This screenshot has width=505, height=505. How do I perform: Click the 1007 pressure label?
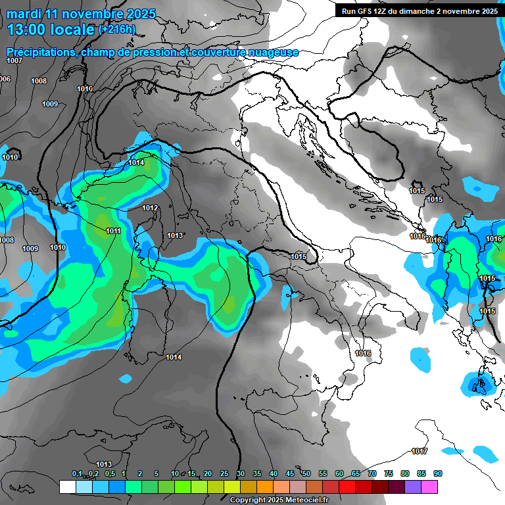click(14, 60)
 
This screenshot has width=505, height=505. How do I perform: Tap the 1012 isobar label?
click(150, 208)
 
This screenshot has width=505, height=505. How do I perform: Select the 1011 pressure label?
click(113, 231)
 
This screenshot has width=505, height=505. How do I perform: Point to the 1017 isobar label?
click(420, 451)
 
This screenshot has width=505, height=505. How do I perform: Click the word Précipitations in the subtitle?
click(41, 52)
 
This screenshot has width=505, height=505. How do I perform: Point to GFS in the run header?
click(366, 11)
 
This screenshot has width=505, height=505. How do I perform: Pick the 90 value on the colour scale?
click(438, 473)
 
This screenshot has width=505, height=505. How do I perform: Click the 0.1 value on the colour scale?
click(76, 473)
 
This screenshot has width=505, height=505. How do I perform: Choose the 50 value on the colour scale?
click(306, 473)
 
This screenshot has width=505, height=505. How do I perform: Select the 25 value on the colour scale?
click(224, 473)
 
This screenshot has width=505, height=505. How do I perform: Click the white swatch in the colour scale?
click(67, 487)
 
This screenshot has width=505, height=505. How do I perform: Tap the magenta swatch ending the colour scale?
click(429, 487)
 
